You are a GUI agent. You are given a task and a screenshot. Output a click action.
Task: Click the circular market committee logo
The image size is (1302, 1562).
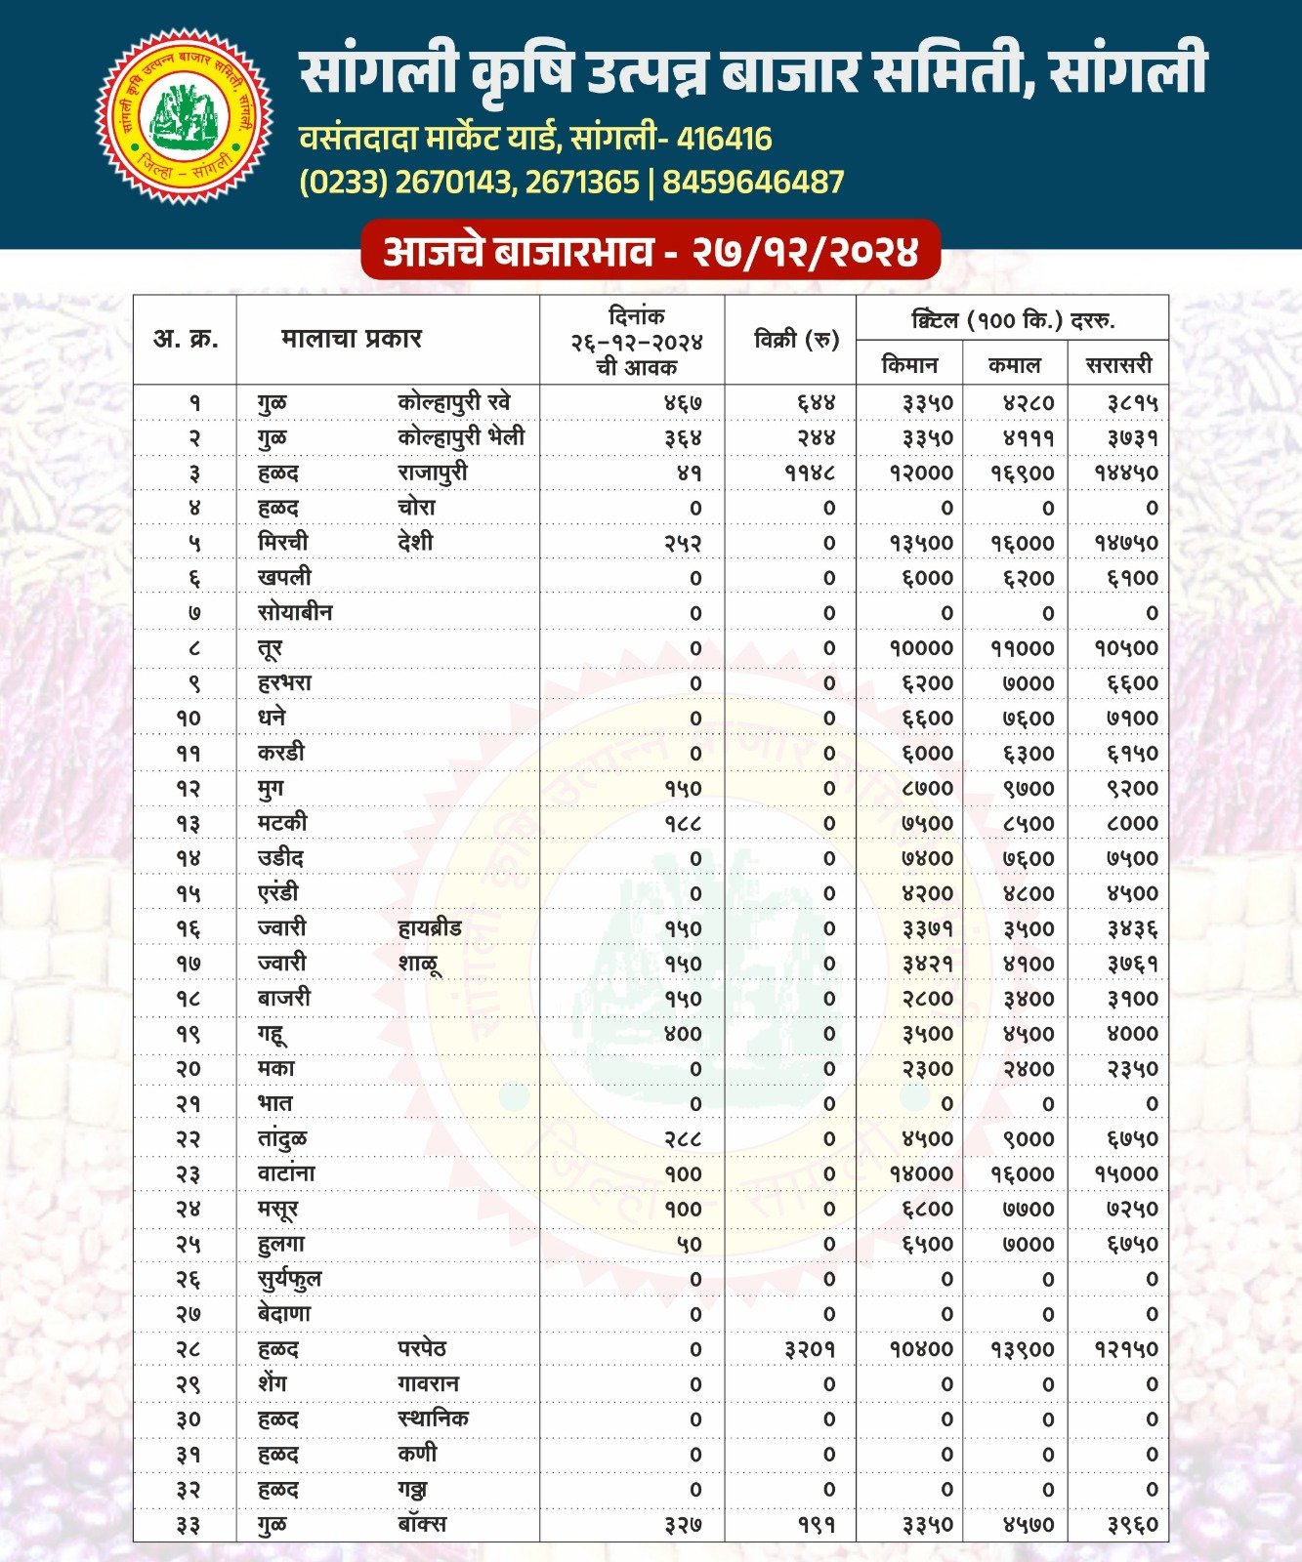(184, 116)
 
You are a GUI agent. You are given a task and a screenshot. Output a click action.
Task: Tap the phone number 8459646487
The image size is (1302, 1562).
(753, 183)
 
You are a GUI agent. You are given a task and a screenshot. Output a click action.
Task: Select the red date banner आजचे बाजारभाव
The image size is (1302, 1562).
(651, 252)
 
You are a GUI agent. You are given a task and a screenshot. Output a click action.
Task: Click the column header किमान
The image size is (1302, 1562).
(909, 365)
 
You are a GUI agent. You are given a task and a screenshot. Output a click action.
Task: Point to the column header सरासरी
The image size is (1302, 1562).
(1118, 365)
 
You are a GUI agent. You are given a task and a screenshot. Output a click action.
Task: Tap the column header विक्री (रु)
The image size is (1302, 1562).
(796, 340)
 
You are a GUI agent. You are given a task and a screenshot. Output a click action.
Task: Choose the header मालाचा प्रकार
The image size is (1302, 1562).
(352, 339)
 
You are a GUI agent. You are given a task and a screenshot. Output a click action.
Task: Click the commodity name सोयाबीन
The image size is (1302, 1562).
(295, 613)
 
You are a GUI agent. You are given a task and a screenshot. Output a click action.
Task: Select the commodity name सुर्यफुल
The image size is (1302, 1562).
(289, 1279)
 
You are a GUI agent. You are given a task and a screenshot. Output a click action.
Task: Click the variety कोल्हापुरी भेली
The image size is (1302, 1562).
(461, 437)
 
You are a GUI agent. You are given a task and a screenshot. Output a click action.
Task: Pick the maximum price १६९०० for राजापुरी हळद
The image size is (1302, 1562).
(1022, 473)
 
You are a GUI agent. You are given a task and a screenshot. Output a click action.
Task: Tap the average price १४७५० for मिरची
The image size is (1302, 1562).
(1125, 544)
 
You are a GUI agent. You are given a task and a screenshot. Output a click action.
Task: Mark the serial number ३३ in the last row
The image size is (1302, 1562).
(188, 1525)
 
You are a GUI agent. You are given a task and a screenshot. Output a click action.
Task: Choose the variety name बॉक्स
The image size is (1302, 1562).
(422, 1524)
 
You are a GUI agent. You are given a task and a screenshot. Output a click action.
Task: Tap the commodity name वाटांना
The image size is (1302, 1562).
(286, 1173)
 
